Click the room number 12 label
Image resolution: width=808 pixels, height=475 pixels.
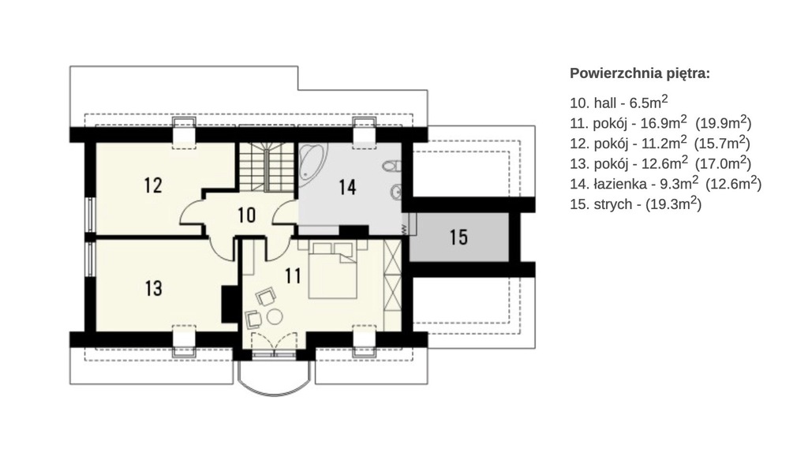click(153, 185)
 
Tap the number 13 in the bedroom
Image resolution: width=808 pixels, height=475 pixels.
click(154, 289)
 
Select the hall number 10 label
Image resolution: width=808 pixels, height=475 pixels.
click(247, 215)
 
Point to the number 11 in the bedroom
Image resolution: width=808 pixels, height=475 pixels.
click(293, 276)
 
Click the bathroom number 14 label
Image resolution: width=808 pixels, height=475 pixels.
click(347, 187)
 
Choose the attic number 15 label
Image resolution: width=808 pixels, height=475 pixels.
click(458, 237)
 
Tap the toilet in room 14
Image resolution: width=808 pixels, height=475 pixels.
click(392, 166)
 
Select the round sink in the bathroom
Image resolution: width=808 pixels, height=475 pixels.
click(395, 191)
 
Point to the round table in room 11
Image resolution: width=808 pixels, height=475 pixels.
click(275, 316)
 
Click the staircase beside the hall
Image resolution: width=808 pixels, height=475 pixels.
click(267, 167)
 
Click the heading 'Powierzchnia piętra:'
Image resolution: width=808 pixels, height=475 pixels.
click(639, 73)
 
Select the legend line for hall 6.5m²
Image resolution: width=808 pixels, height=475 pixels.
click(619, 102)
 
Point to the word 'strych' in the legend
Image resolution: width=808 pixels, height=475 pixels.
click(612, 204)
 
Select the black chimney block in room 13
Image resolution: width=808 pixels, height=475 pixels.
click(229, 305)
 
